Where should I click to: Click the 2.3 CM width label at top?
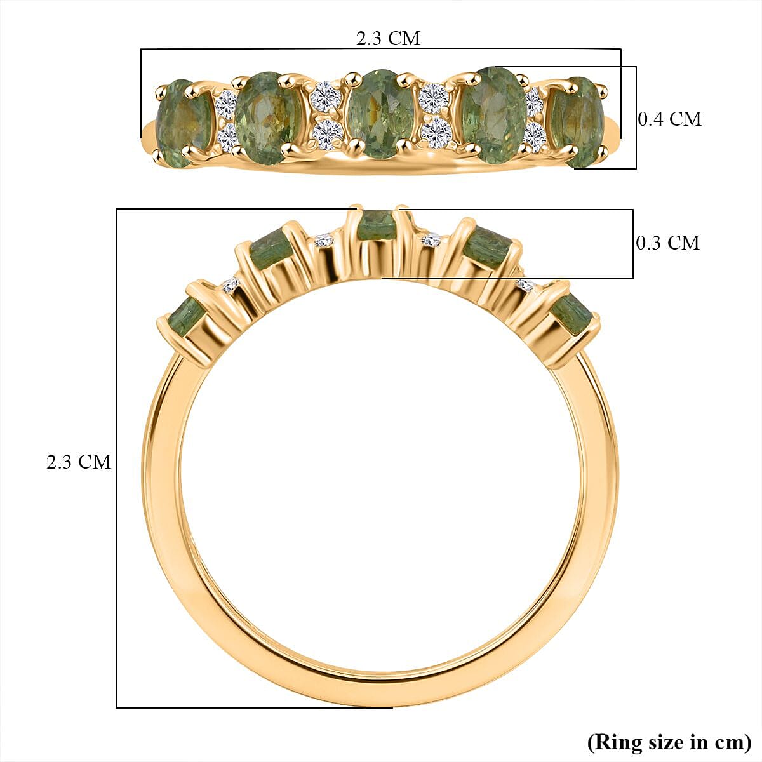(388, 38)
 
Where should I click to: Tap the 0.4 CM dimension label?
(669, 119)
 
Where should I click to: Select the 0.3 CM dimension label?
(667, 243)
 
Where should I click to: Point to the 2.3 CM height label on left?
(78, 462)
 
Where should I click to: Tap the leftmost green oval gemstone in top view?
(183, 122)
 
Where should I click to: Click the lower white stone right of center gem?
(436, 132)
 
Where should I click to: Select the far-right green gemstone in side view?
(573, 314)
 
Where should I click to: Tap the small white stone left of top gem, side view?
(324, 240)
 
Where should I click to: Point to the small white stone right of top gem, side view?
(432, 240)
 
